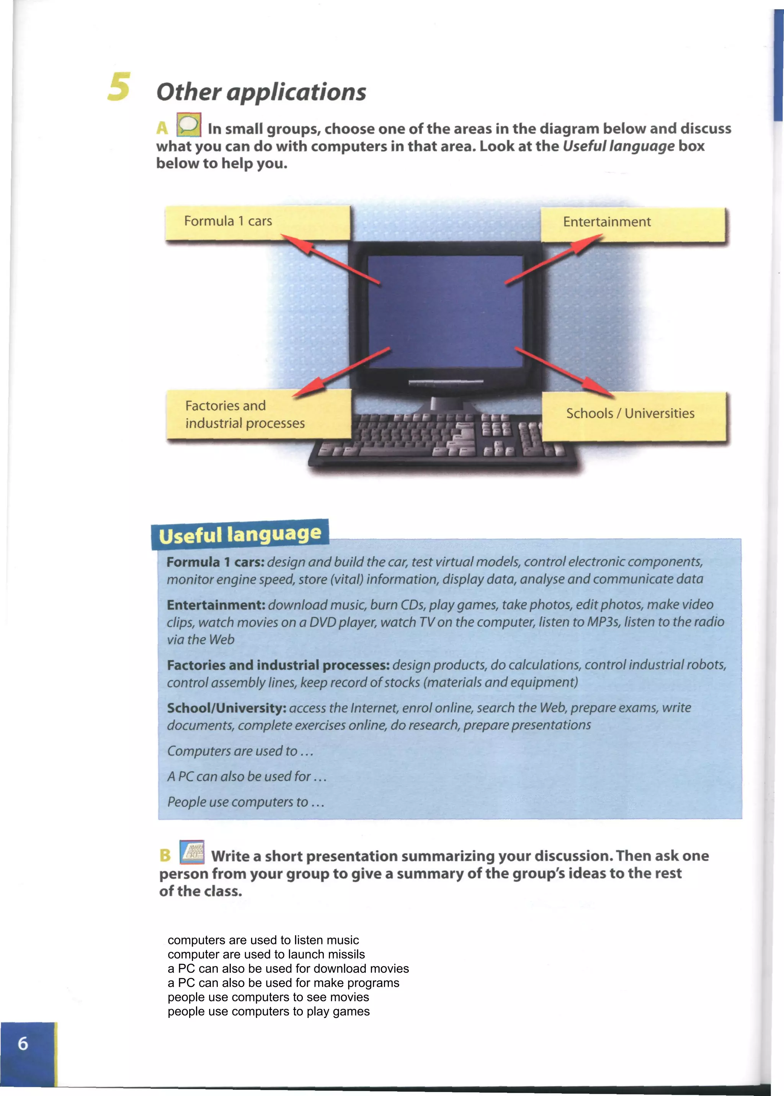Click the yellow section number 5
click(x=119, y=87)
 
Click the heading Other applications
click(x=261, y=92)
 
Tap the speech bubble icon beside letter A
click(x=189, y=125)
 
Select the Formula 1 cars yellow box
click(x=257, y=222)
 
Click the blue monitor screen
click(x=445, y=311)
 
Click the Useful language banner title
click(x=240, y=535)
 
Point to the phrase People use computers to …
click(x=245, y=802)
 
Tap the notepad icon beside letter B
click(x=192, y=852)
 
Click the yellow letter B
click(x=165, y=856)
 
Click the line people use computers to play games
click(x=268, y=1011)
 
